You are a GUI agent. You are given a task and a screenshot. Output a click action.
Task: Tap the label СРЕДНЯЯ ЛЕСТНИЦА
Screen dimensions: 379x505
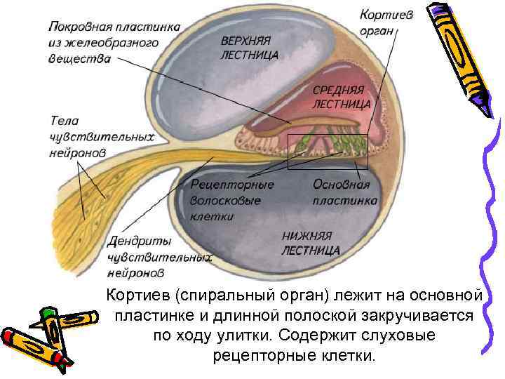[341, 97]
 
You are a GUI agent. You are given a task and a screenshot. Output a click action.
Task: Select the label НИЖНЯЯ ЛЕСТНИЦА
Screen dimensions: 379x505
[311, 243]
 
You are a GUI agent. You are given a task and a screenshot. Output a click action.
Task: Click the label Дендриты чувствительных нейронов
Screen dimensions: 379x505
[159, 256]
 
